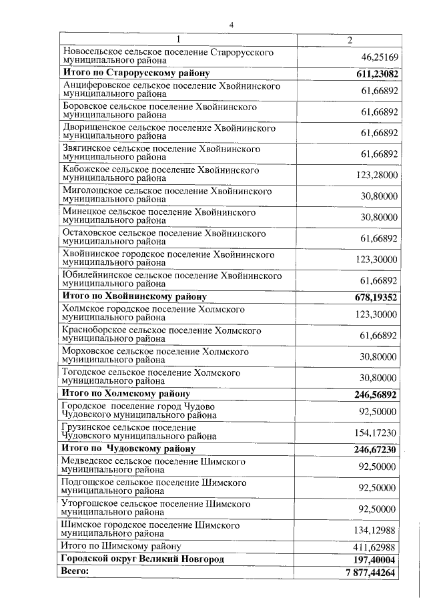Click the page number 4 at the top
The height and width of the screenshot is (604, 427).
tap(231, 25)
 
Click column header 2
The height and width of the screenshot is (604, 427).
tap(350, 39)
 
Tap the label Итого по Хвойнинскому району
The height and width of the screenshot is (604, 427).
tap(133, 296)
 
